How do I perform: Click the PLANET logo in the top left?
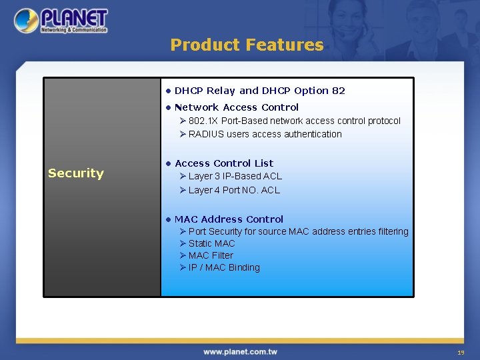(61, 21)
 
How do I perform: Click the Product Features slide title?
(247, 45)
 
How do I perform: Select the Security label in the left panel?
(76, 173)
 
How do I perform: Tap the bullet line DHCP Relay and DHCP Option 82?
(259, 91)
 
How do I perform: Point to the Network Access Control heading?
(236, 107)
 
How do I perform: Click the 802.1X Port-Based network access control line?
(294, 121)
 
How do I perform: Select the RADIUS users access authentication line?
(265, 134)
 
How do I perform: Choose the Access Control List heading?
(224, 163)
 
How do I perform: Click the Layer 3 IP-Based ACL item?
(235, 177)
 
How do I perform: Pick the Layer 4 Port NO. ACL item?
(234, 190)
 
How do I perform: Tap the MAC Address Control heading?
(229, 219)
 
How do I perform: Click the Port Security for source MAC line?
(298, 231)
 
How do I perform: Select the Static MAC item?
(211, 243)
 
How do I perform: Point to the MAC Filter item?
(211, 255)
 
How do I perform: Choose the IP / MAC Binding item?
(224, 267)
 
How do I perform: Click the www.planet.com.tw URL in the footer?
(240, 351)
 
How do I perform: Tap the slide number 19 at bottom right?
(460, 352)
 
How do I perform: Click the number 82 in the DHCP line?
(339, 91)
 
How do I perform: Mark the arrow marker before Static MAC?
(183, 243)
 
